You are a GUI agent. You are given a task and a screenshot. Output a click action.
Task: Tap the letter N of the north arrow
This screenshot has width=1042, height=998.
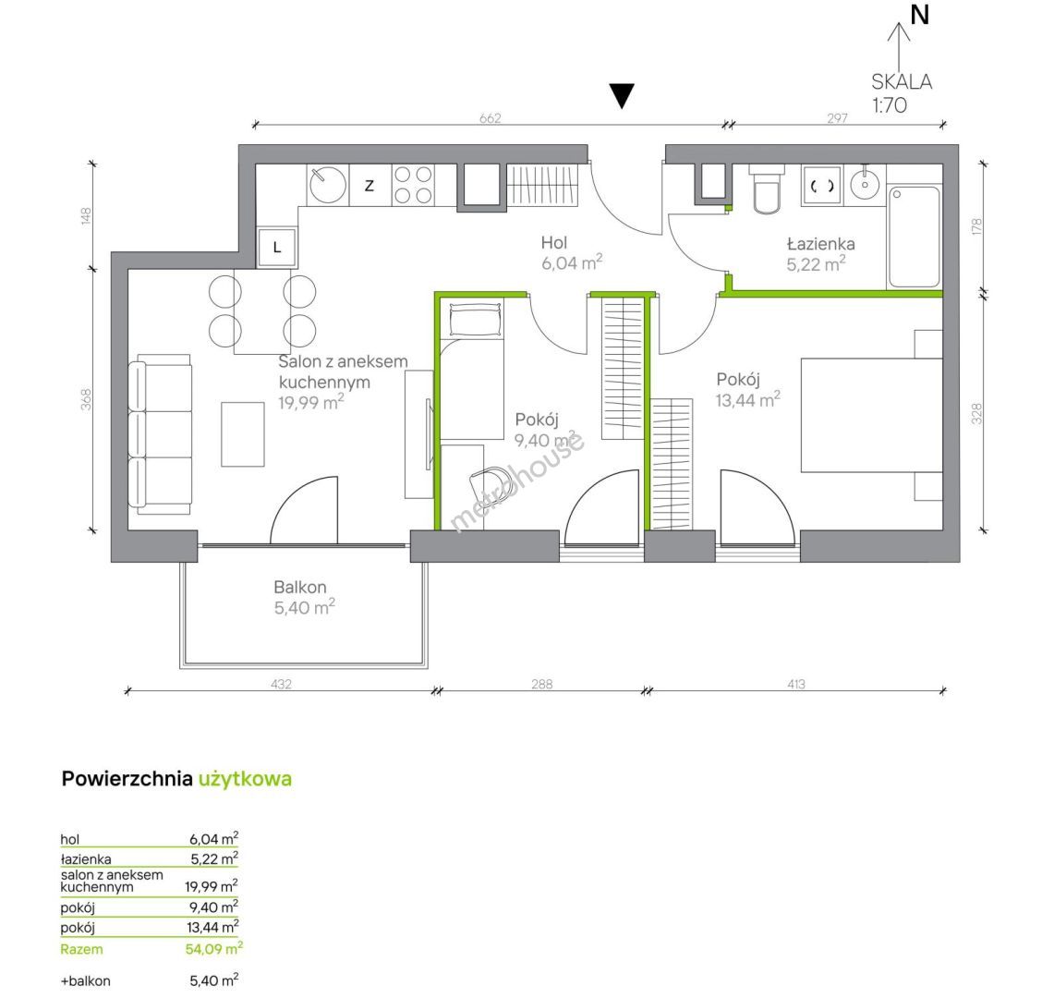pyautogui.click(x=920, y=15)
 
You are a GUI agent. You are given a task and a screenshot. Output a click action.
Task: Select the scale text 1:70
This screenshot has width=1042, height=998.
pyautogui.click(x=890, y=105)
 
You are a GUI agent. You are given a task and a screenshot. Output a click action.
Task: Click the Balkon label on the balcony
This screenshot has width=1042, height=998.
pyautogui.click(x=299, y=587)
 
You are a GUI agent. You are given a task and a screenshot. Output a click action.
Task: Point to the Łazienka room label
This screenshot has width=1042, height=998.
pyautogui.click(x=820, y=243)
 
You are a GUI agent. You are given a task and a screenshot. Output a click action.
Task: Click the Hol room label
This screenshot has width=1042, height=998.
pyautogui.click(x=553, y=242)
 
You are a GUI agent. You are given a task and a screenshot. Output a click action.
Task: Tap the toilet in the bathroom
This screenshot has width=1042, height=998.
pyautogui.click(x=767, y=189)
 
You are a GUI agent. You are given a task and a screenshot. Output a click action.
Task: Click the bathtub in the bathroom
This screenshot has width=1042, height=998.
pyautogui.click(x=915, y=237)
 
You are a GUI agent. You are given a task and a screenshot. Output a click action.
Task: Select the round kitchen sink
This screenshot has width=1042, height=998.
pyautogui.click(x=328, y=184)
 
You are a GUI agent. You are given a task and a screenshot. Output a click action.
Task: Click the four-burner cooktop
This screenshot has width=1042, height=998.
pyautogui.click(x=413, y=185)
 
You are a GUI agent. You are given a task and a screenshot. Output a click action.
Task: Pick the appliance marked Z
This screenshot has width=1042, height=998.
pyautogui.click(x=370, y=186)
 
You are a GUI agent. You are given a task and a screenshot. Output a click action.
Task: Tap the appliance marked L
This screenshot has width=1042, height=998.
pyautogui.click(x=276, y=248)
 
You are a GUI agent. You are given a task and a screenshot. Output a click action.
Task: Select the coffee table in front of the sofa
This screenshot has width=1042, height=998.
pyautogui.click(x=243, y=434)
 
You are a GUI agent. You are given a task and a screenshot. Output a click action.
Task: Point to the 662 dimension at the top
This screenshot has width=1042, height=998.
pyautogui.click(x=490, y=118)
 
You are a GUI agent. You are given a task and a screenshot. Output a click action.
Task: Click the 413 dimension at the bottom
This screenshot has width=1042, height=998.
pyautogui.click(x=796, y=684)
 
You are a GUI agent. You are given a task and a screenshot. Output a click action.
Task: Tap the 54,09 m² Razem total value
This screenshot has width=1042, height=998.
pyautogui.click(x=213, y=948)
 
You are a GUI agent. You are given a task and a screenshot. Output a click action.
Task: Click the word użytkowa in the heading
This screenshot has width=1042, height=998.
pyautogui.click(x=245, y=779)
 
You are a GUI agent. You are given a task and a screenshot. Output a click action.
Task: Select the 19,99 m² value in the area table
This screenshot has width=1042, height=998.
pyautogui.click(x=212, y=885)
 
